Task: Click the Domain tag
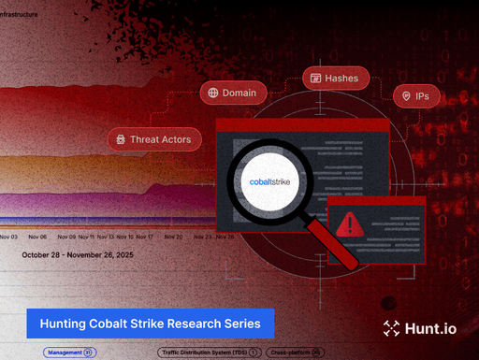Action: click(233, 93)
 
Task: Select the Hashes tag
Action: click(335, 79)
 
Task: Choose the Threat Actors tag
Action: click(153, 139)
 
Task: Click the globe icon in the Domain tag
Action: click(213, 93)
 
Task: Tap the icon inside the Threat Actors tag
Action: click(120, 139)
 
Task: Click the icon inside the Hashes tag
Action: click(315, 79)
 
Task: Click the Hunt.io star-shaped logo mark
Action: click(392, 327)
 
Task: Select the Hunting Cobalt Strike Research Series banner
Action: click(150, 323)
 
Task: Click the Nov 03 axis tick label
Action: click(9, 237)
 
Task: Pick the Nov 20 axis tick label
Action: click(173, 237)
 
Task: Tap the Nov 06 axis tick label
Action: click(37, 237)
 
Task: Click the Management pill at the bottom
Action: click(68, 353)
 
